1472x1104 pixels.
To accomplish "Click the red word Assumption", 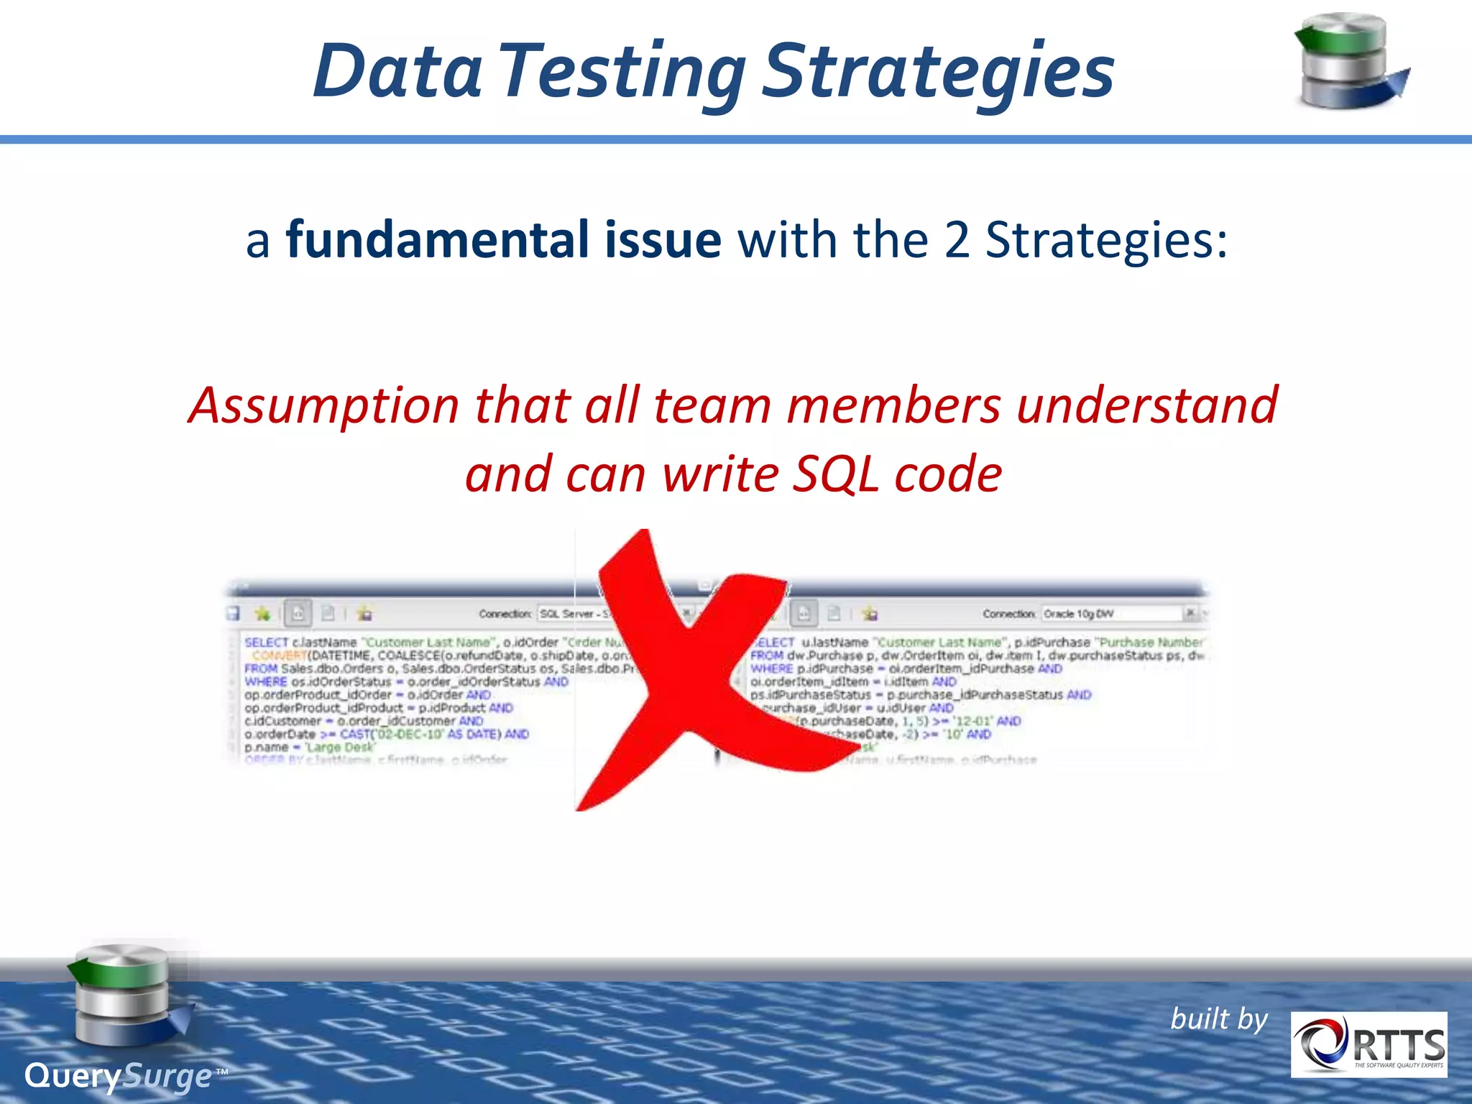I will [323, 405].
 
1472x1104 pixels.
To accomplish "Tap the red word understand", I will [1147, 405].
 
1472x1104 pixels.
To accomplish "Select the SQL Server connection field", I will [575, 614].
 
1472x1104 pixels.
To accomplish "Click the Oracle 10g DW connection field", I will [1110, 614].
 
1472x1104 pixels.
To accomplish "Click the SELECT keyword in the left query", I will [266, 642].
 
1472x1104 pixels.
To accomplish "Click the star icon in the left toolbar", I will [262, 614].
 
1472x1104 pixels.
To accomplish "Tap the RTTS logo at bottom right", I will [1368, 1044].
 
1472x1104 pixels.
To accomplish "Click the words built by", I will [1219, 1019].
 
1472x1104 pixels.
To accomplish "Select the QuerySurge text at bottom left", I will [119, 1076].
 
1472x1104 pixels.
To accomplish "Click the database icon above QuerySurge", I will [126, 995].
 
